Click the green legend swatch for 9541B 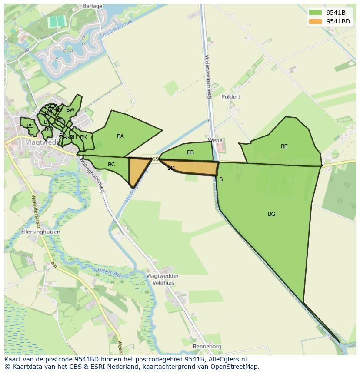317,13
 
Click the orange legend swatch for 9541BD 317,21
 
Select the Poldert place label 230,97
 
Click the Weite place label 215,140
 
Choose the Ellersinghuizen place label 40,232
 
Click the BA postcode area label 120,136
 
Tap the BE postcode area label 284,146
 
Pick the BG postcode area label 271,214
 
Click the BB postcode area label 190,152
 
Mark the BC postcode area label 111,165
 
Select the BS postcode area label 30,126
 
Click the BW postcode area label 70,110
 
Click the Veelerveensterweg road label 207,76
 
